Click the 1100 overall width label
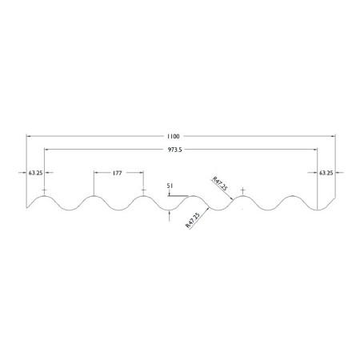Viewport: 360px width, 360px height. coord(174,136)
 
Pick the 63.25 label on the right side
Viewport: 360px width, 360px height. coord(326,172)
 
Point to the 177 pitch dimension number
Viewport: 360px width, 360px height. coord(117,172)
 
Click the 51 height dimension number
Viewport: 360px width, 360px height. coord(170,186)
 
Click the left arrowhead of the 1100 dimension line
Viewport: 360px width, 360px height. coord(30,136)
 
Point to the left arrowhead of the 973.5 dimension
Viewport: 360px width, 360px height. coord(46,150)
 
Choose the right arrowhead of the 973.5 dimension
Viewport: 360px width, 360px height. coord(317,150)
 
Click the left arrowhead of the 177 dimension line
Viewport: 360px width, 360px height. coord(95,172)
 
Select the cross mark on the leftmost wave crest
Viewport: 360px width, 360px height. coord(45,190)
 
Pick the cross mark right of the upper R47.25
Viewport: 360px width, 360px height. coord(242,190)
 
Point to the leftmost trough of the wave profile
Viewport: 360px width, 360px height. coord(70,210)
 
